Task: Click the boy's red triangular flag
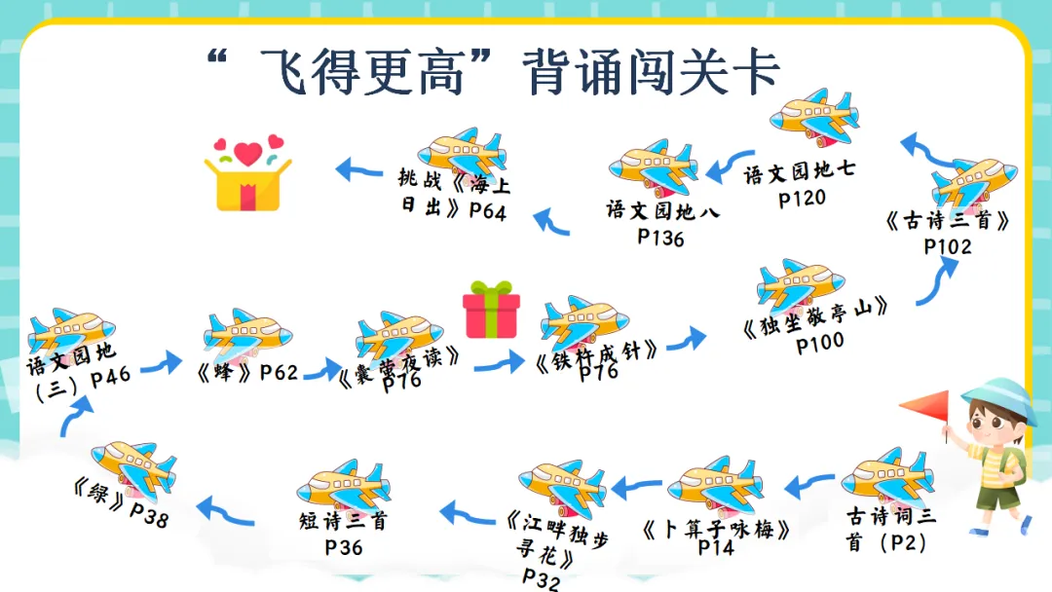coord(924,408)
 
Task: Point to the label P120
coord(802,199)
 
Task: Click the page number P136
coord(660,237)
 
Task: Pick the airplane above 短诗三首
coord(344,484)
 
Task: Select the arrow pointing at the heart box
coord(359,171)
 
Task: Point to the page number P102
coord(948,246)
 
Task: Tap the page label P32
coord(541,579)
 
